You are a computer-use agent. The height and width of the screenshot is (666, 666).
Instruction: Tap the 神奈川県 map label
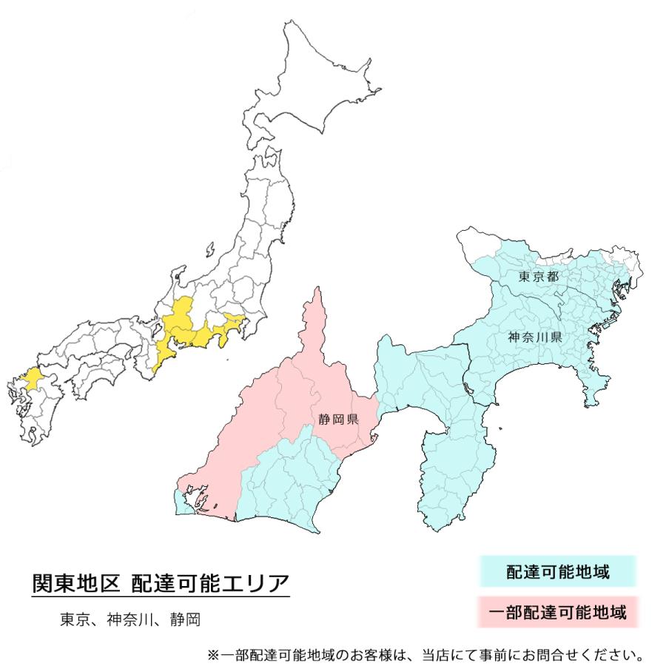[537, 337]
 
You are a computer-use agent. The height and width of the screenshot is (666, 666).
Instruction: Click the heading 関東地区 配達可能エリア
[160, 583]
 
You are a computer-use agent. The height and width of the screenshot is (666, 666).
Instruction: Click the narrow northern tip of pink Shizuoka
[318, 311]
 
